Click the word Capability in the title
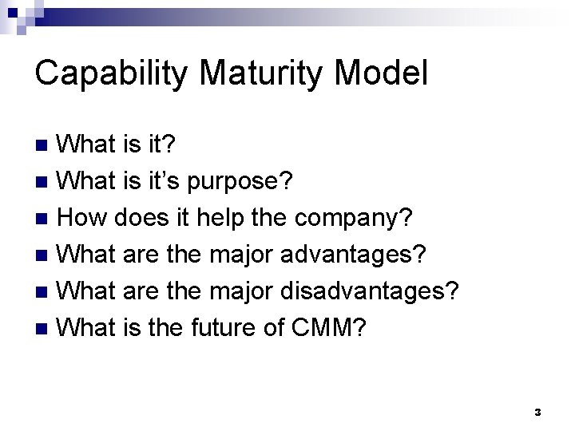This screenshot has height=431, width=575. pos(113,73)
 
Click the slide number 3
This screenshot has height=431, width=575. pos(537,413)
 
